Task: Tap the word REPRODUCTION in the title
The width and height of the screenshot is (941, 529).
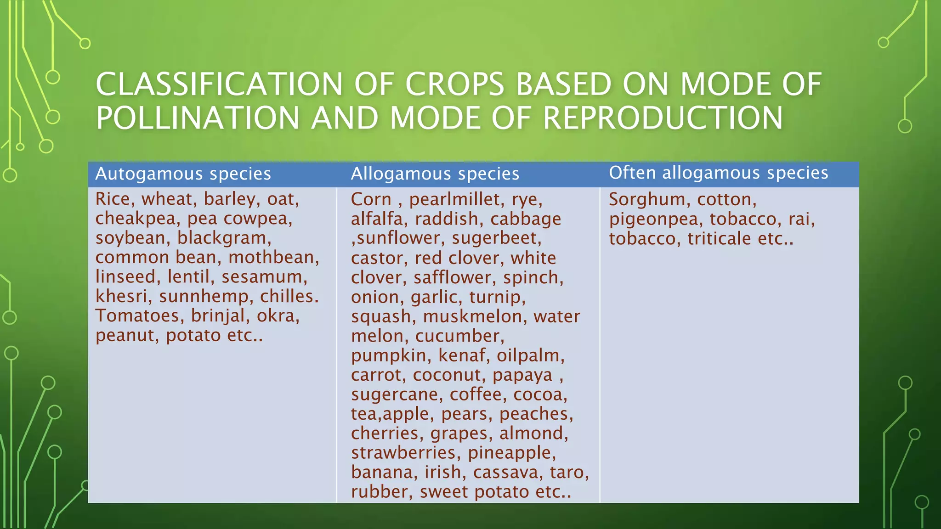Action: pyautogui.click(x=663, y=118)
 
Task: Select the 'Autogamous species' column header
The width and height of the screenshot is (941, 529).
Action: pyautogui.click(x=183, y=174)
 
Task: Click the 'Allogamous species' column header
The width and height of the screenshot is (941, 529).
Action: pyautogui.click(x=435, y=174)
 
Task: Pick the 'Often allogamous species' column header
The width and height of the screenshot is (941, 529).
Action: pyautogui.click(x=718, y=173)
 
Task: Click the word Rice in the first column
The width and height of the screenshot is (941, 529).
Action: pyautogui.click(x=112, y=199)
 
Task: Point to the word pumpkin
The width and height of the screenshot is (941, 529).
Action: pyautogui.click(x=389, y=355)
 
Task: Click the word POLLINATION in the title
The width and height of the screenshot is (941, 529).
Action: pyautogui.click(x=198, y=118)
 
